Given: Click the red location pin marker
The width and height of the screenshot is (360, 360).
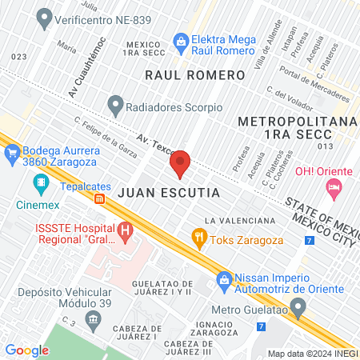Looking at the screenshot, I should (x=181, y=163).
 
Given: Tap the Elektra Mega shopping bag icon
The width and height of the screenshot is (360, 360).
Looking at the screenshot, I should (x=181, y=39).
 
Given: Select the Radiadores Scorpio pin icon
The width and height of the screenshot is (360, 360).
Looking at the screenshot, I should (x=116, y=103).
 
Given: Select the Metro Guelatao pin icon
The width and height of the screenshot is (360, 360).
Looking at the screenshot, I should (x=298, y=307).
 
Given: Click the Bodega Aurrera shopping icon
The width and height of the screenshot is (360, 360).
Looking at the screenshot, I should (x=13, y=154).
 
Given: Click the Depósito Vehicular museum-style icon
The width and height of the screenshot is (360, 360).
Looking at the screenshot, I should (x=93, y=321).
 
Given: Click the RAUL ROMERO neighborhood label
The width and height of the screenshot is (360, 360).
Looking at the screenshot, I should (x=194, y=74).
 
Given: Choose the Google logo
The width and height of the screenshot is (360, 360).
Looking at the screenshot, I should (x=27, y=350).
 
